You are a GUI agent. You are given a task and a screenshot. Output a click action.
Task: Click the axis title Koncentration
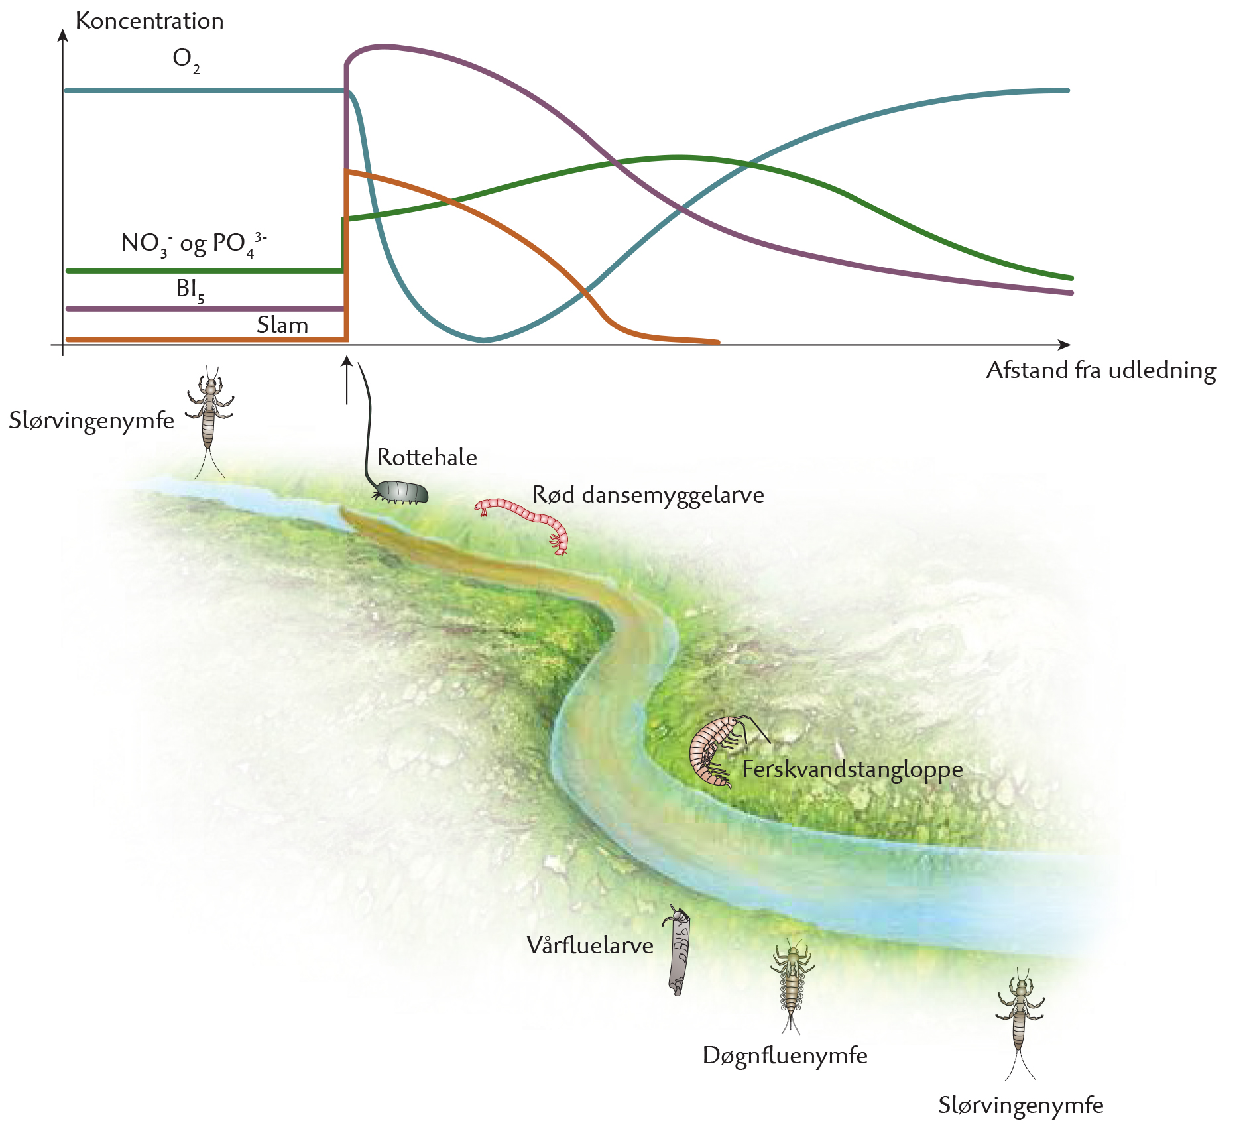coord(149,21)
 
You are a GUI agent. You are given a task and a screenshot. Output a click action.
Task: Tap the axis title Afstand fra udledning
coord(1101,370)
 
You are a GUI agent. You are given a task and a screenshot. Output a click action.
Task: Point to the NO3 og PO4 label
coord(194,244)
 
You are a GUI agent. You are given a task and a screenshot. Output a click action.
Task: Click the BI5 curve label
coord(190,290)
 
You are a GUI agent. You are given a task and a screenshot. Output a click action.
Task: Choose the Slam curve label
coord(282,325)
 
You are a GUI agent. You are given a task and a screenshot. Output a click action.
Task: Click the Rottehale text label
coord(427,457)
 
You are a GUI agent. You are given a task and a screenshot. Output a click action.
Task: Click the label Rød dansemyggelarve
coord(648,495)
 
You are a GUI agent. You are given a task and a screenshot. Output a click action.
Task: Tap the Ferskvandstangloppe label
coord(853,769)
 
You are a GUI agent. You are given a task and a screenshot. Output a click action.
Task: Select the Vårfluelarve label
coord(590,945)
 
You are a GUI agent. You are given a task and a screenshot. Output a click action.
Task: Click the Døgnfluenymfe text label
coord(785,1055)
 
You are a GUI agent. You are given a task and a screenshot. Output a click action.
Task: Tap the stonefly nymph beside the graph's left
coord(209,421)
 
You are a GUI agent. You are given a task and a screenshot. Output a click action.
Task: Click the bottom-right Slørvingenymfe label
coord(1021,1105)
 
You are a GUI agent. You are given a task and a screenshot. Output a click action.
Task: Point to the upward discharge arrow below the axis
coord(346,380)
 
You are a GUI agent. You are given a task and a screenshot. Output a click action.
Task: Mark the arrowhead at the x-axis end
coord(1064,345)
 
